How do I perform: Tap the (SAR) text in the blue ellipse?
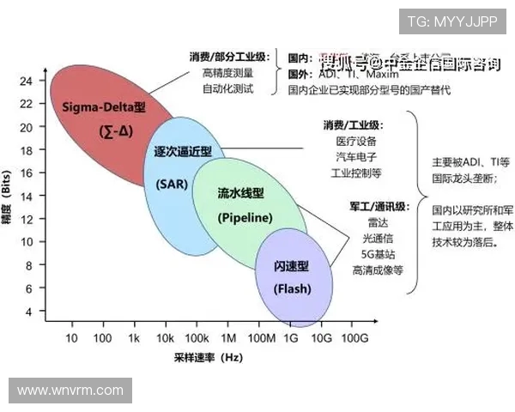click(x=171, y=184)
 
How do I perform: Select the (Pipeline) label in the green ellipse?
click(x=245, y=217)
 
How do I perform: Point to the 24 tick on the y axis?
click(x=26, y=82)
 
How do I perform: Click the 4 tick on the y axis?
click(x=28, y=312)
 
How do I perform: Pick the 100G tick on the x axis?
click(x=354, y=338)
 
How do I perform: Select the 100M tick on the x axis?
click(x=262, y=338)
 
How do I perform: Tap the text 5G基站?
click(x=378, y=254)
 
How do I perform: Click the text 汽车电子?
click(x=354, y=157)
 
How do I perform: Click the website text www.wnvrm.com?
click(x=70, y=391)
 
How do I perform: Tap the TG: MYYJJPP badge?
click(x=451, y=21)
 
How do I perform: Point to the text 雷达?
click(x=379, y=222)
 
